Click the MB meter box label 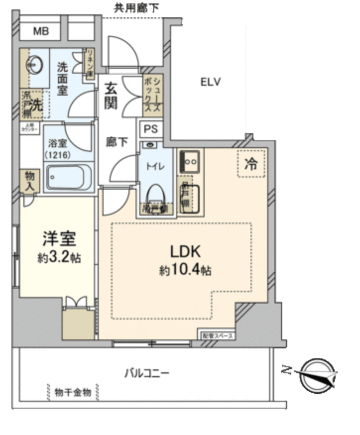(x=41, y=32)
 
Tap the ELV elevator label (x=210, y=82)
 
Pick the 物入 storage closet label (x=29, y=181)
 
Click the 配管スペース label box (x=217, y=335)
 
